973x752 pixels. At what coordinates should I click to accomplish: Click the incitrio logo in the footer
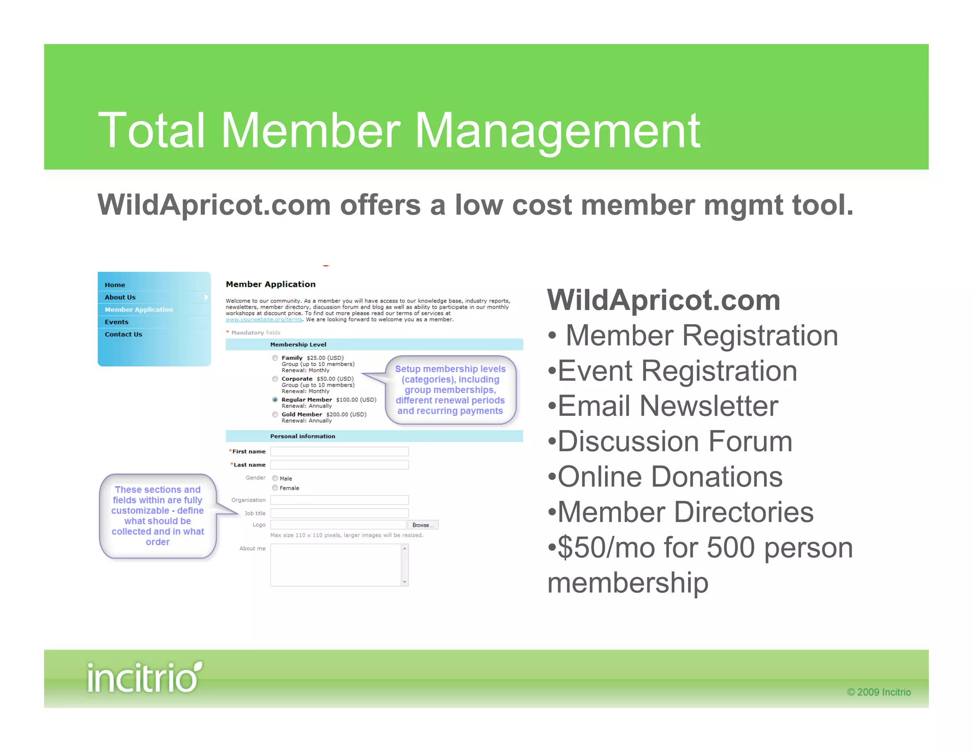(x=144, y=677)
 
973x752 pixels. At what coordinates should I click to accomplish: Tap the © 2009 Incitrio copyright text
(x=878, y=692)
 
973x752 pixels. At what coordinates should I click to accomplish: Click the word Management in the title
(x=557, y=130)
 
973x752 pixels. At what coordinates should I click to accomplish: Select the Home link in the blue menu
(x=115, y=285)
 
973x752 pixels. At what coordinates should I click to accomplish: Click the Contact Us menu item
(x=124, y=334)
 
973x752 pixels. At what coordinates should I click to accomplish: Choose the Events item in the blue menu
(x=116, y=322)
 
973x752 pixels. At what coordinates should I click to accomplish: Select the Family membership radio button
(x=275, y=358)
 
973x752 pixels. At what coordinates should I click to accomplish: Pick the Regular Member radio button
(x=275, y=400)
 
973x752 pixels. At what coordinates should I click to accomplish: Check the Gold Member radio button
(x=275, y=415)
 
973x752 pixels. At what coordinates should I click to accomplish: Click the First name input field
(x=339, y=452)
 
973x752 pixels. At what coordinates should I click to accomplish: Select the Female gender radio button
(x=275, y=488)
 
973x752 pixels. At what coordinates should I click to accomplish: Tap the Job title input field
(x=339, y=513)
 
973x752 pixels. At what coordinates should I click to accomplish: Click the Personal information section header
(x=303, y=436)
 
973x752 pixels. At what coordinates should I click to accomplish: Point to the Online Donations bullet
(x=669, y=477)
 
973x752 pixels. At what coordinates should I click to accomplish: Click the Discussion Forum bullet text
(x=675, y=442)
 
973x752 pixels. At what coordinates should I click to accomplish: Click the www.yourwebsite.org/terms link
(x=264, y=319)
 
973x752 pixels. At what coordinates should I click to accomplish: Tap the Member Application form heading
(x=270, y=284)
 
